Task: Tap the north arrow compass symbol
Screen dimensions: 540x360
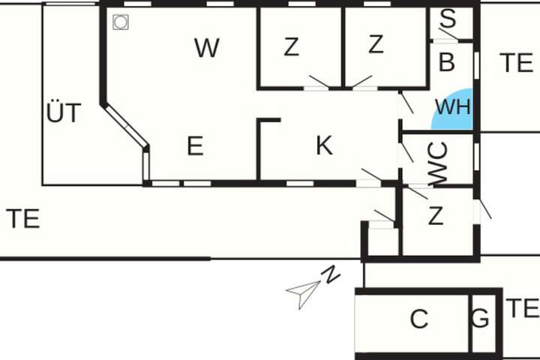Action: tap(304, 293)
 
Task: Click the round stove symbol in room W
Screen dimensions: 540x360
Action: tap(121, 22)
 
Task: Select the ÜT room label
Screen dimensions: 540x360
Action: tap(64, 112)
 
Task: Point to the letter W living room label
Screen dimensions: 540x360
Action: tap(207, 48)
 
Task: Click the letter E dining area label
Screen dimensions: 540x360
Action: tap(195, 145)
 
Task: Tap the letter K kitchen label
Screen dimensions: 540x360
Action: tap(325, 145)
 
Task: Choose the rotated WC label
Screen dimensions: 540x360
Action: tap(439, 163)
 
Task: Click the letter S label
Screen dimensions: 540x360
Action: tap(448, 18)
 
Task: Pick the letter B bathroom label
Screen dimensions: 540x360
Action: tap(447, 62)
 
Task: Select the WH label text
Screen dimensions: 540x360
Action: tap(452, 106)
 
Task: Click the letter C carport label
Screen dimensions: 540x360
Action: tap(419, 319)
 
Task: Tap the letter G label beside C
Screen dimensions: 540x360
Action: tap(480, 318)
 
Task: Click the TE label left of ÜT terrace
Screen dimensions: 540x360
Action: tap(23, 218)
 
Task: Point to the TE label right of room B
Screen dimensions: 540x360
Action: tap(516, 63)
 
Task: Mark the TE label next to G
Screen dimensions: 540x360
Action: tap(522, 308)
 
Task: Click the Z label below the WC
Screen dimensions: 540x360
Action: tap(436, 215)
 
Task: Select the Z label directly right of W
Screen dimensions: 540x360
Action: tap(291, 46)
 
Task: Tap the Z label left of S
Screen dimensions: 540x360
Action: tap(376, 44)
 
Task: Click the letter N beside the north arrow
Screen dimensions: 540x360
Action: tap(330, 274)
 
